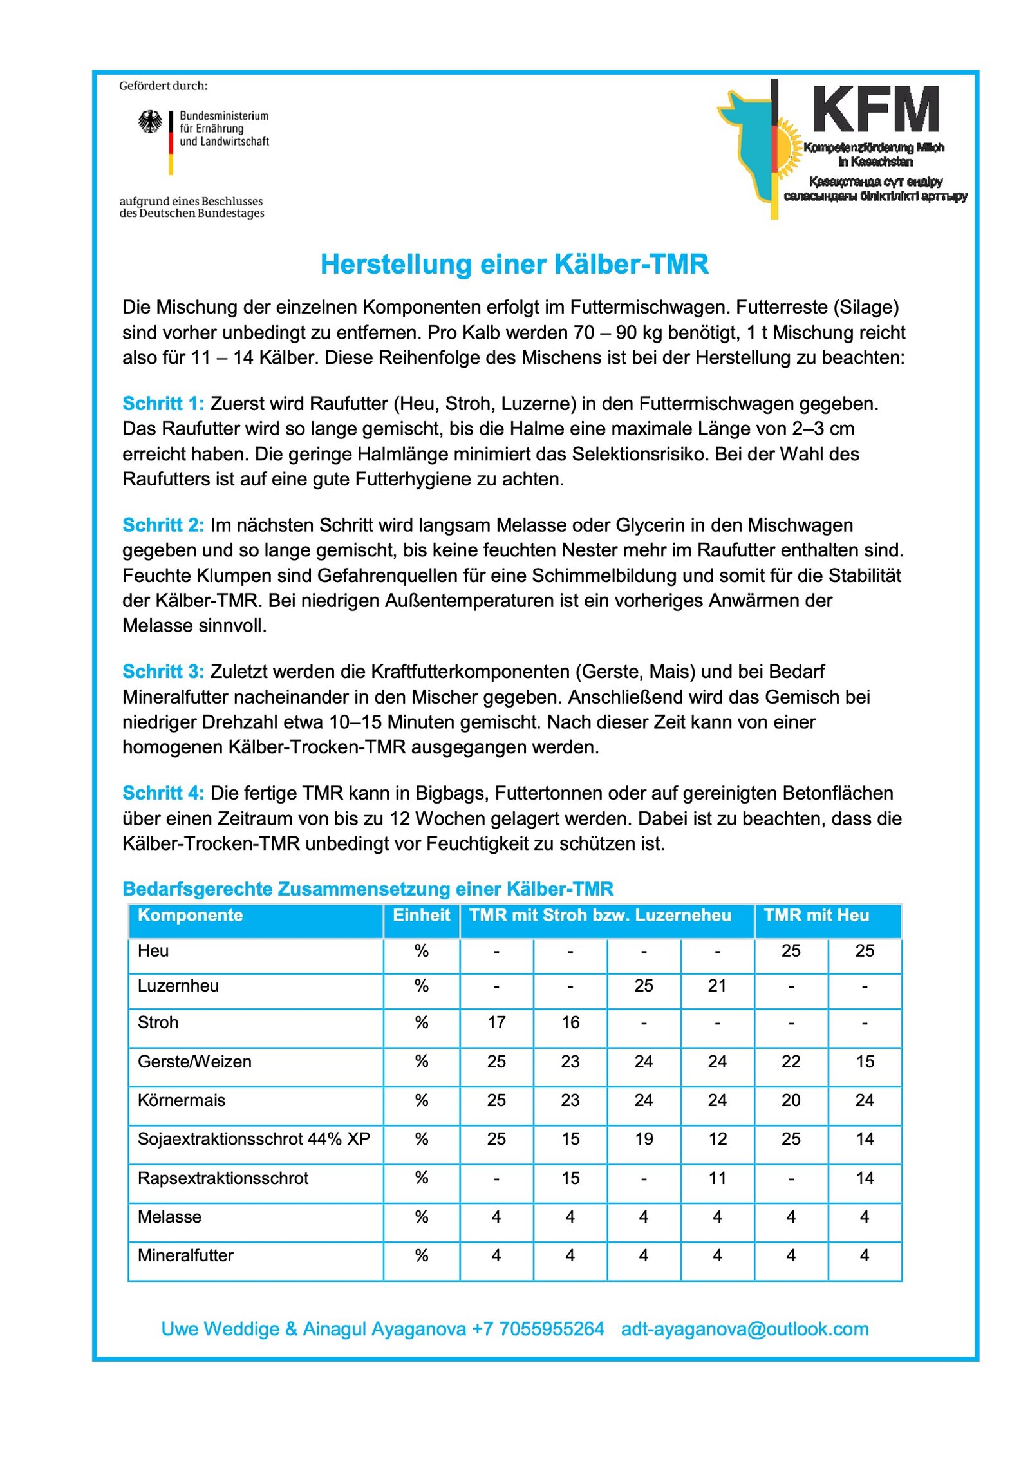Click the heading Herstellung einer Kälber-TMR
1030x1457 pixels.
point(514,265)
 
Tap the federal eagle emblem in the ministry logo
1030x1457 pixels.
point(150,122)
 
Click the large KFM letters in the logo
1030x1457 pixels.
point(876,109)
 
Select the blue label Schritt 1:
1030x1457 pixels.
point(163,404)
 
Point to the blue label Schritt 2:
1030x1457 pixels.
point(163,525)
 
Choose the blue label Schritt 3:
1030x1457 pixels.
point(163,672)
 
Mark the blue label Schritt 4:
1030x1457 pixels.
point(163,793)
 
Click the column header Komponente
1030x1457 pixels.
point(190,916)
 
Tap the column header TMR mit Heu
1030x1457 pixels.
point(816,916)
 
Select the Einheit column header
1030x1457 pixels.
point(421,916)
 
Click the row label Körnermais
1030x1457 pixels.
point(182,1100)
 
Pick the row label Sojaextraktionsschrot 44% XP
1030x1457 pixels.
point(254,1139)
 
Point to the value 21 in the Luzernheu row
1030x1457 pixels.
point(717,986)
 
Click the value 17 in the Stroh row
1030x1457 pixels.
point(496,1022)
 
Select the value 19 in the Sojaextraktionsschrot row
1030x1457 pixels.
point(644,1139)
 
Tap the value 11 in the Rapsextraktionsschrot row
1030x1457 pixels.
point(717,1178)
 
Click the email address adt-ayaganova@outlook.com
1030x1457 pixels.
point(744,1329)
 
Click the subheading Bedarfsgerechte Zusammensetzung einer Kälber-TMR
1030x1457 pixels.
point(368,889)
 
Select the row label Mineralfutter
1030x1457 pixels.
point(185,1255)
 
